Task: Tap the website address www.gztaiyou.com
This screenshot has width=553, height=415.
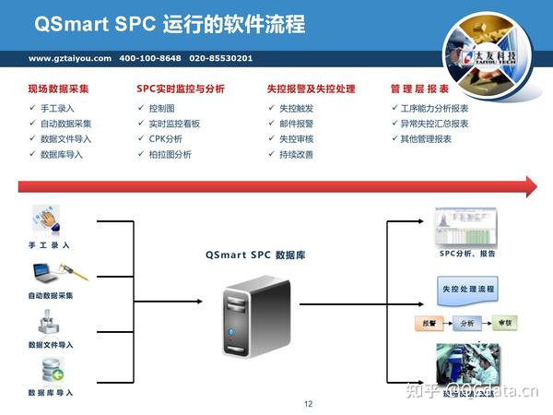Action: coord(70,58)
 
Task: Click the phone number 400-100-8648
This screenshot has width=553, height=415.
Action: coord(150,58)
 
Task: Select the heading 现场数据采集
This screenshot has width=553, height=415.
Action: coord(58,89)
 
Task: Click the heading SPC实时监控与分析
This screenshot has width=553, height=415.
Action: coord(181,89)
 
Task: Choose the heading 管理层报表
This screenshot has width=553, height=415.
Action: coord(419,89)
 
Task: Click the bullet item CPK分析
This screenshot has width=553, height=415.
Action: coord(165,139)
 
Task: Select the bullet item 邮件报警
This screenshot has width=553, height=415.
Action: coord(296,124)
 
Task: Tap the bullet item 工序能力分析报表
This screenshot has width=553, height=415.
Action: coord(433,108)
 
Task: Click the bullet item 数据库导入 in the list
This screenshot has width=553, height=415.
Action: coord(62,155)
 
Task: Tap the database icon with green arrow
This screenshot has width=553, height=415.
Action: coord(52,371)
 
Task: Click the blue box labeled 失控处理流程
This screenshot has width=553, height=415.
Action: coord(468,290)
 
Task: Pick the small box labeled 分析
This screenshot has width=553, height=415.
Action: coord(466,323)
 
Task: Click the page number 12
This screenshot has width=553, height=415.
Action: coord(309,404)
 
